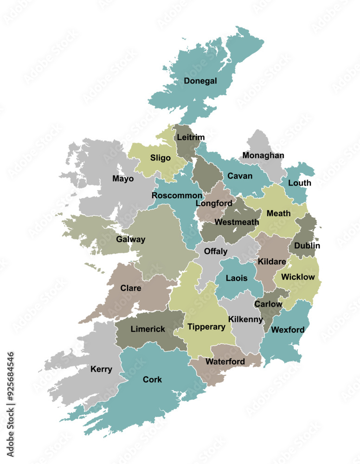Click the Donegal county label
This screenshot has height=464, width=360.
tap(200, 81)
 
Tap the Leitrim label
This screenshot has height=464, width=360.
tap(190, 137)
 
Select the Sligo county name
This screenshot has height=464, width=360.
tap(160, 158)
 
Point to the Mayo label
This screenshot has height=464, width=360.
tap(123, 179)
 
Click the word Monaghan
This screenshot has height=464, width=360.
tap(263, 155)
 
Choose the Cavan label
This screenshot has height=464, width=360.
tap(240, 176)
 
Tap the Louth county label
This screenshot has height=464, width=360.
tap(299, 183)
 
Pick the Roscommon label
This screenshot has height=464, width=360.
tap(177, 195)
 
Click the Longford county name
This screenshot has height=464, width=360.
tap(214, 203)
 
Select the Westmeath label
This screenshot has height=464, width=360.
tap(237, 222)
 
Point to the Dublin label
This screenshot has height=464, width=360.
tap(306, 245)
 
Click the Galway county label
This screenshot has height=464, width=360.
tap(130, 239)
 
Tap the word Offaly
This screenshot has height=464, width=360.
tap(216, 251)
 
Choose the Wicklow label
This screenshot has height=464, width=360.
tap(298, 277)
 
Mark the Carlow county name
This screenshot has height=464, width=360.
tap(268, 304)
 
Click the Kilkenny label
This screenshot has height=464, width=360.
tap(246, 319)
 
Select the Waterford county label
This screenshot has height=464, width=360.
tap(225, 361)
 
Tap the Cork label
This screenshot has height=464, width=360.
tap(152, 380)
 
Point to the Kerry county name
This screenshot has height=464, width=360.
tap(101, 369)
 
